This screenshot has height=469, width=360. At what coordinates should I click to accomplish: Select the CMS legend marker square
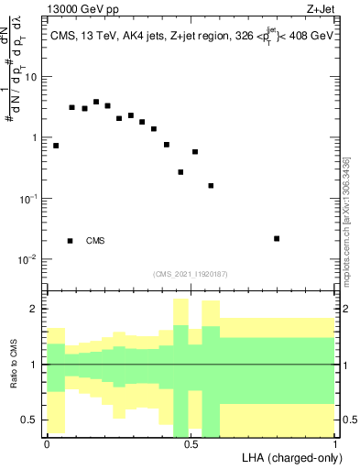(x=71, y=241)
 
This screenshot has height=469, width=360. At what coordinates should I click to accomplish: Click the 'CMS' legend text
(x=95, y=241)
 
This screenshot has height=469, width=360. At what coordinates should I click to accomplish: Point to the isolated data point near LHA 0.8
(x=277, y=238)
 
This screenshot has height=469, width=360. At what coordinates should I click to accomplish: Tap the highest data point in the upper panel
(x=96, y=102)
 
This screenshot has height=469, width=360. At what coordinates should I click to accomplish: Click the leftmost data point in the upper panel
(x=56, y=146)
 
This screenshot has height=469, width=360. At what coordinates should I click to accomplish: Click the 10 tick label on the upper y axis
(x=31, y=77)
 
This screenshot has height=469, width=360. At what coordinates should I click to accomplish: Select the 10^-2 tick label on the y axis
(x=29, y=259)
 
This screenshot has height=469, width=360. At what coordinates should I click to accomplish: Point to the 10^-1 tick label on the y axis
(x=29, y=199)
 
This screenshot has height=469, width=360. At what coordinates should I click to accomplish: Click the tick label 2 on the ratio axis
(x=35, y=309)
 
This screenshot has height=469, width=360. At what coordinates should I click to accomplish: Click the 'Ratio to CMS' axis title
(x=13, y=364)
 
